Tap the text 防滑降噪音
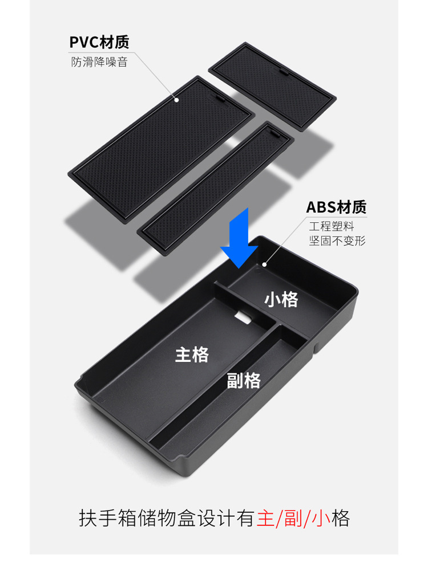click(99, 62)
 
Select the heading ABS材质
click(336, 207)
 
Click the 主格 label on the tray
click(192, 354)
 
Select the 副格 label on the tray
click(244, 380)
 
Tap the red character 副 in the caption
click(294, 519)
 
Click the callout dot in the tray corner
click(264, 264)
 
